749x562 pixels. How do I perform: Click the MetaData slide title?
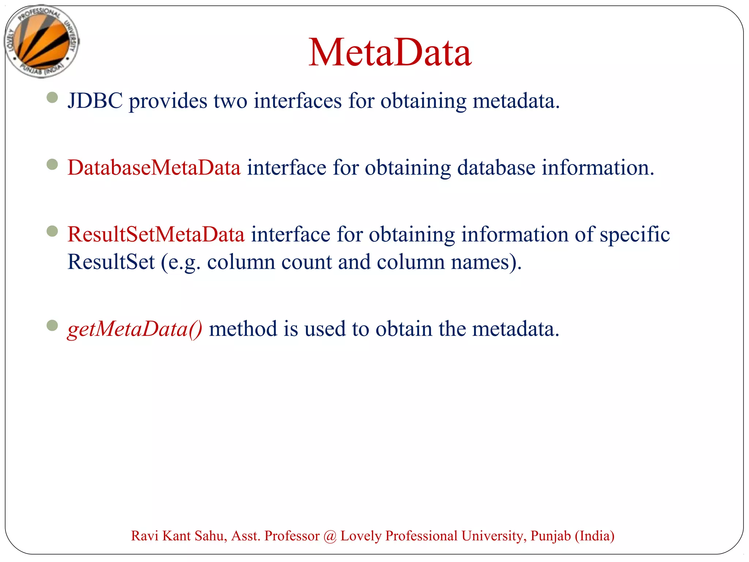click(x=390, y=53)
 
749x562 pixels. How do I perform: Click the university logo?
click(x=42, y=41)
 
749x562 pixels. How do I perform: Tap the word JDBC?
click(x=95, y=101)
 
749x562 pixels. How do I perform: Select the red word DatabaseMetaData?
click(x=154, y=168)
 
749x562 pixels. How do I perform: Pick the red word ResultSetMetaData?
click(x=156, y=234)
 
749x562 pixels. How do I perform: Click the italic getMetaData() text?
click(x=135, y=329)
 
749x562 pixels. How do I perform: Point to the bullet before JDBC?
click(x=52, y=97)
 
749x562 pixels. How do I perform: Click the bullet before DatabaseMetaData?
click(x=52, y=164)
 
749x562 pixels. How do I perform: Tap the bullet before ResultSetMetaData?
click(x=52, y=231)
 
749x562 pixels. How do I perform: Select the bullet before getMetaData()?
click(x=52, y=325)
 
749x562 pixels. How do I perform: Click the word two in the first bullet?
click(x=230, y=101)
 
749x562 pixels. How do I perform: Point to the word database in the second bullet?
click(x=496, y=168)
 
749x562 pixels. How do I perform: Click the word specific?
click(x=635, y=235)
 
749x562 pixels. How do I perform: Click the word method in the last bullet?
click(x=243, y=329)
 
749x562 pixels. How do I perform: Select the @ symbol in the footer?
click(x=330, y=536)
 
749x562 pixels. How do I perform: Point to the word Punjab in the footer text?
click(x=550, y=536)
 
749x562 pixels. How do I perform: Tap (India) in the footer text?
click(x=595, y=536)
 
